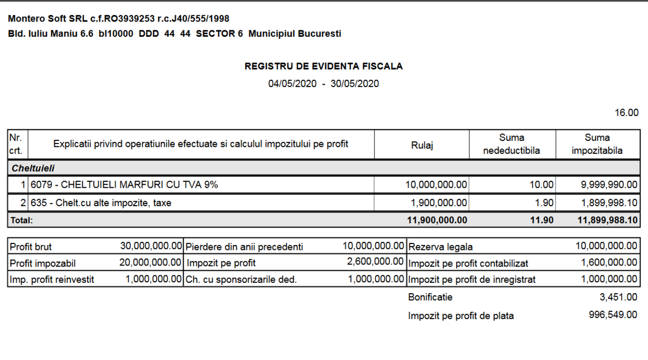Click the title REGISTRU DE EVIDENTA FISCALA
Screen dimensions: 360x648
(x=323, y=66)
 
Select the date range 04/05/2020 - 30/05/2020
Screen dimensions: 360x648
(x=323, y=84)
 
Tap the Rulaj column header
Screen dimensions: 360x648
(x=422, y=144)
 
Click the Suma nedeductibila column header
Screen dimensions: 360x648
(x=511, y=144)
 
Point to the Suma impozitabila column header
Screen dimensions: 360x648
(x=597, y=144)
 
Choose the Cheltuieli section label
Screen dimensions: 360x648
(x=33, y=168)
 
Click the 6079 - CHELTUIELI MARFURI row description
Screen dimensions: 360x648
(x=124, y=185)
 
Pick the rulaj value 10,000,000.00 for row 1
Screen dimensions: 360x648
(x=436, y=185)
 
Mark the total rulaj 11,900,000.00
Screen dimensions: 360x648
(x=436, y=220)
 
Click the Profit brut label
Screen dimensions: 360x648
(x=31, y=247)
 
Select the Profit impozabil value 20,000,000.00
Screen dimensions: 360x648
(x=151, y=263)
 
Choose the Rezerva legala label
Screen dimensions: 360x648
(x=441, y=247)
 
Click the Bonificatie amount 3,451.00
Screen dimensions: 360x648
(x=619, y=297)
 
